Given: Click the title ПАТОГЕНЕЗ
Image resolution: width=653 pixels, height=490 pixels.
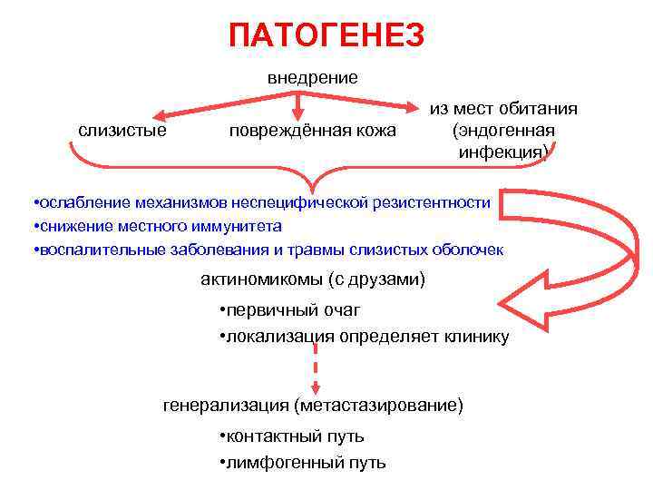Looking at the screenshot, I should (x=326, y=35).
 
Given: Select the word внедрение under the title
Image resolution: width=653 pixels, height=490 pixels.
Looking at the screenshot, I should (x=313, y=78).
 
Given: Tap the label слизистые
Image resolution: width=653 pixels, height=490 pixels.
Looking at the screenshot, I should (x=122, y=131).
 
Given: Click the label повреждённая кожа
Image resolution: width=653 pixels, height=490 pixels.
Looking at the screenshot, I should (x=312, y=131).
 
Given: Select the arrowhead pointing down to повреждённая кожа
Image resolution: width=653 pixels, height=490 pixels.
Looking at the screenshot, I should (x=294, y=114).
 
